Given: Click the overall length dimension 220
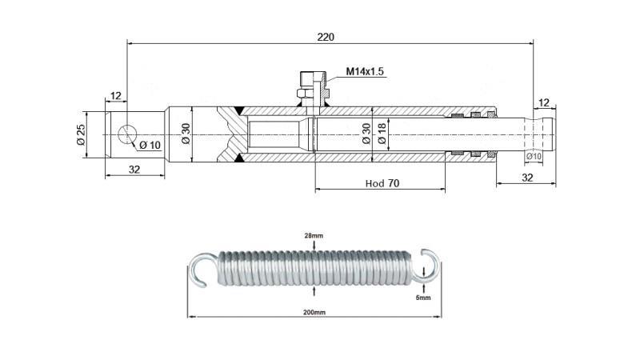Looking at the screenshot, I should point(326,37).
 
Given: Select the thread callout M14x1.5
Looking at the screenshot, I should point(365,72).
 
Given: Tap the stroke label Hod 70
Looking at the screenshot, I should point(382,183).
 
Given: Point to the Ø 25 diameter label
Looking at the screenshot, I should point(81,134).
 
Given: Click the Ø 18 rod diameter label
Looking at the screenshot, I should point(382,133).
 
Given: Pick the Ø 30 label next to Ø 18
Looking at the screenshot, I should point(366,133).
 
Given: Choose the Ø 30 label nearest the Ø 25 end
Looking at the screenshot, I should point(186,134).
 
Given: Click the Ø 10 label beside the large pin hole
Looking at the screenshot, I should point(150,145).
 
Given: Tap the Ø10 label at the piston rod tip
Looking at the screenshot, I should point(534,156).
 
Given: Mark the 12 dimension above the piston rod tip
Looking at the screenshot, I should point(544,102).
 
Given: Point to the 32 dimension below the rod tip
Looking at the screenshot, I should point(527,177).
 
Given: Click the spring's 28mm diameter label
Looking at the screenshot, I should point(314,236).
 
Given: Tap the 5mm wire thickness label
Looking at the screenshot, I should point(423,297).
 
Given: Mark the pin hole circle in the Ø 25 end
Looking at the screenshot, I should point(127,134).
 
